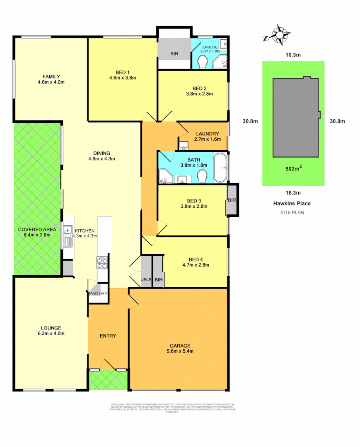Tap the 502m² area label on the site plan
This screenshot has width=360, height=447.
tap(292, 169)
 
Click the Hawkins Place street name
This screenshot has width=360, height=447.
tap(292, 203)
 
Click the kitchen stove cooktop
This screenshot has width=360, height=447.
tap(102, 262)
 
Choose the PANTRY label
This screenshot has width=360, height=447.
tap(98, 293)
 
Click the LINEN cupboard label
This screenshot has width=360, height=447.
tap(146, 280)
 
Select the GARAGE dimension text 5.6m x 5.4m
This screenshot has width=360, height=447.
tap(180, 351)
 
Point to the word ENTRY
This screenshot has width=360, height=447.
tap(108, 336)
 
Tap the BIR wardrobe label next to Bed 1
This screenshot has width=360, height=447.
tap(174, 54)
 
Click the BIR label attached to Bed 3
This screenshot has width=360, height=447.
tap(232, 200)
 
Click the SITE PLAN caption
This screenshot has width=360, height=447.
tap(292, 212)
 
